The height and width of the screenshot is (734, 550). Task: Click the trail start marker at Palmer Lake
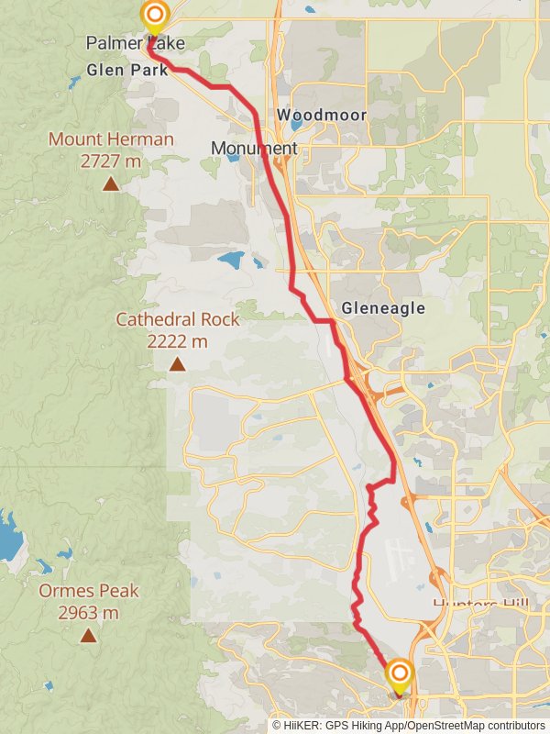(155, 16)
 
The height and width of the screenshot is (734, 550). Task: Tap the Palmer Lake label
(135, 43)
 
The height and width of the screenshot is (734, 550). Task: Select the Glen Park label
(126, 70)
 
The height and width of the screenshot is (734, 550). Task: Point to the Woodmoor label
(322, 115)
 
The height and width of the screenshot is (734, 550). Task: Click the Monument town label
(254, 148)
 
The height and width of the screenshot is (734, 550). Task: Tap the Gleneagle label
(383, 308)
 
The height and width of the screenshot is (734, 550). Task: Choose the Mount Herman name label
(111, 139)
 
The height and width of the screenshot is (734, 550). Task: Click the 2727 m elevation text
(111, 161)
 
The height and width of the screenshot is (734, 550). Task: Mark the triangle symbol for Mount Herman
(111, 184)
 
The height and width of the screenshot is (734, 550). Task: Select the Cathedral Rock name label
(177, 319)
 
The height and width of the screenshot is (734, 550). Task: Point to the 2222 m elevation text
(177, 341)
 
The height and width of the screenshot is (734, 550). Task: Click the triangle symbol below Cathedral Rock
(177, 364)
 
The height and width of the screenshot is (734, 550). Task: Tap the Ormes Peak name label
(89, 590)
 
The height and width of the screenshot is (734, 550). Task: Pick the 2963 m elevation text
(89, 612)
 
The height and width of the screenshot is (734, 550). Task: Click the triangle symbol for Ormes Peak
(89, 635)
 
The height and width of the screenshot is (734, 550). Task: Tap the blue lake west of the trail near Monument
(231, 260)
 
